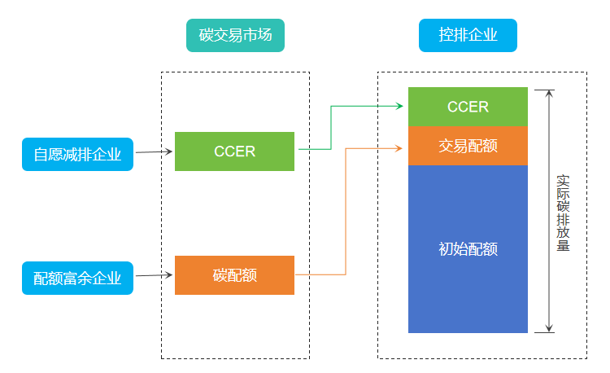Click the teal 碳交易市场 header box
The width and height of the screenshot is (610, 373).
pos(235,35)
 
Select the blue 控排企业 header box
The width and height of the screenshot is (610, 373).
pos(468,35)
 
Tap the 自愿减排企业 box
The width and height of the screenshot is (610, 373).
pos(77,154)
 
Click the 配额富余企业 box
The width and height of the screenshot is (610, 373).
pos(77,278)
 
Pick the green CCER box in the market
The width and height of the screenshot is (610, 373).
pos(234,151)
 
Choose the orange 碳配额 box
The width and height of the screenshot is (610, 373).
pos(234,275)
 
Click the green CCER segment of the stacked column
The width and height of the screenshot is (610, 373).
pos(468,107)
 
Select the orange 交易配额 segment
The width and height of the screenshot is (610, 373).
pos(468,147)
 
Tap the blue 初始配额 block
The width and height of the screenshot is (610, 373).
pos(468,249)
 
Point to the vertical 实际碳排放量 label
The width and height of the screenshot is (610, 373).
pos(562,212)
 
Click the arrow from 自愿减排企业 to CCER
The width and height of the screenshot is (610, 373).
pos(154,151)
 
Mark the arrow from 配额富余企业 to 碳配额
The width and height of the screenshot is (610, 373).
pos(154,275)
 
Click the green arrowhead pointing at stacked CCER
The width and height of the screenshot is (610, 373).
pos(400,106)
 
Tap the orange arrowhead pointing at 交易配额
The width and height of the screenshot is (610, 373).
pos(400,147)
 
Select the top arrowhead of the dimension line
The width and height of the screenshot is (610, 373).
pos(550,93)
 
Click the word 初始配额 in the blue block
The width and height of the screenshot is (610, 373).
pos(468,249)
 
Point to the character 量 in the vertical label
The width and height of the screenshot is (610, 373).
pos(562,245)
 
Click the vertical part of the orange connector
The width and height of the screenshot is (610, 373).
pos(346,211)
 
